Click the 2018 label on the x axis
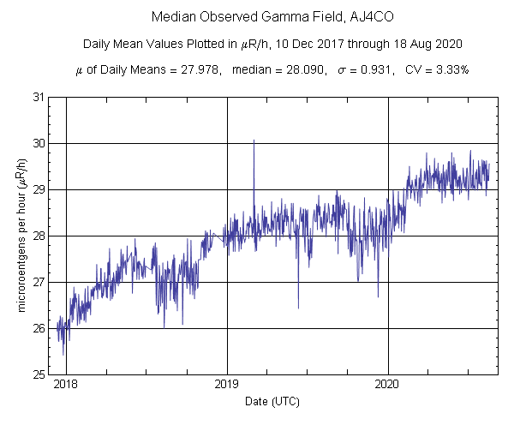tap(66, 385)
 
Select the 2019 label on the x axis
tap(227, 385)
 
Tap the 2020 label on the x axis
tap(388, 385)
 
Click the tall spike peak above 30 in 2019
tap(254, 141)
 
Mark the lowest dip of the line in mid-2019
tap(298, 307)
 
